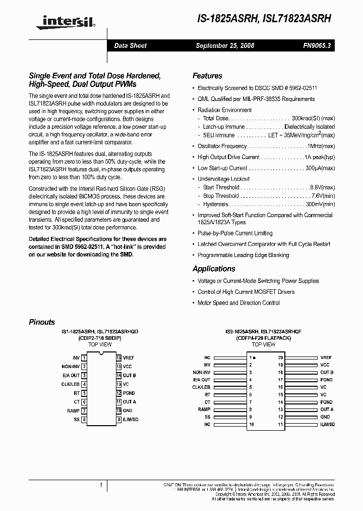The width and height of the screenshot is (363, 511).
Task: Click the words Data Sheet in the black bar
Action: [130, 45]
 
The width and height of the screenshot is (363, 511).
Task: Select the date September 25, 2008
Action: [225, 45]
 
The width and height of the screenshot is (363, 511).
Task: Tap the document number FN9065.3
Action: [317, 45]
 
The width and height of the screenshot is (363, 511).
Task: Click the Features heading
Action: [207, 76]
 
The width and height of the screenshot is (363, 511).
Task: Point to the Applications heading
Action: [214, 269]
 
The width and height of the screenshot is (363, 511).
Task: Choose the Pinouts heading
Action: [42, 322]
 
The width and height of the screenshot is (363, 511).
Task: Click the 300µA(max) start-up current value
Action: [320, 168]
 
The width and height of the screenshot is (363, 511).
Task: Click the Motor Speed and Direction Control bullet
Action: [238, 303]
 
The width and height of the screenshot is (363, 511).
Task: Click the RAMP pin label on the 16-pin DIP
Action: [73, 411]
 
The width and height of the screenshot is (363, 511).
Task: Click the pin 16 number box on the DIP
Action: [118, 357]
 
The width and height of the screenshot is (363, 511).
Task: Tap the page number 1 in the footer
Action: [101, 485]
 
